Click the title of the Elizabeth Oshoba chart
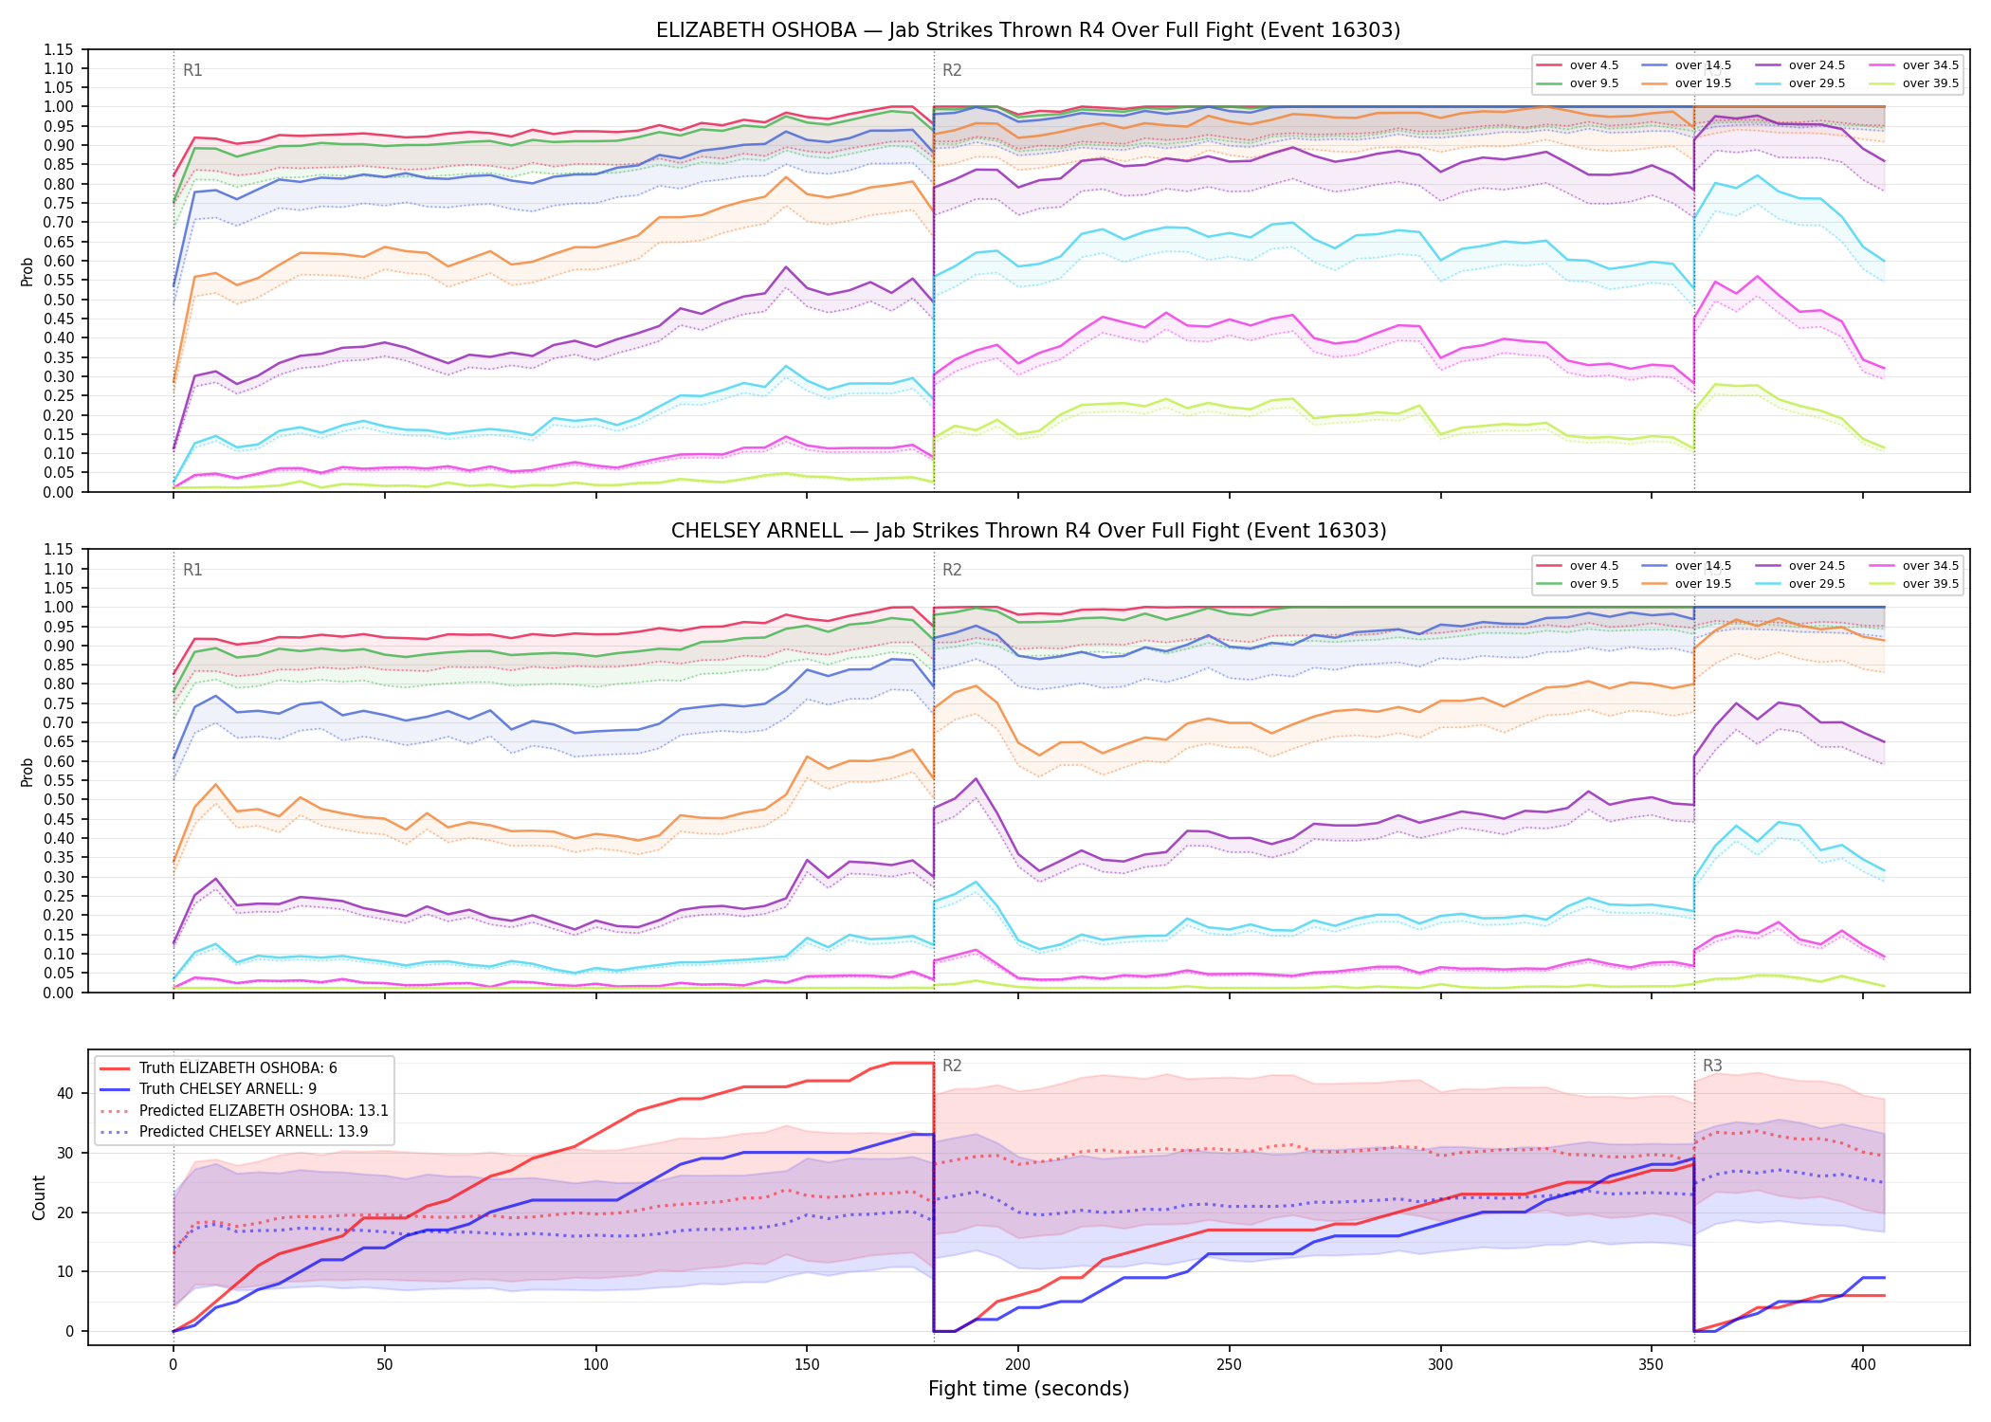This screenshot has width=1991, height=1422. [1028, 30]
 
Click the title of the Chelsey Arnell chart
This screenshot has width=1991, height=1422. [1028, 531]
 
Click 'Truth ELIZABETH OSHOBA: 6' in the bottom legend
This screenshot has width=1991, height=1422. [218, 1068]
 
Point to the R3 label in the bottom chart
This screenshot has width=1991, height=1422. [1712, 1066]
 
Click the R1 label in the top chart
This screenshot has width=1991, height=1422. [192, 70]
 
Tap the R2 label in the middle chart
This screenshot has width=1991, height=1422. [952, 570]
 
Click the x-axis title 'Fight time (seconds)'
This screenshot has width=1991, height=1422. [1029, 1389]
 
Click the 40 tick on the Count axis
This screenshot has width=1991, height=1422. [65, 1093]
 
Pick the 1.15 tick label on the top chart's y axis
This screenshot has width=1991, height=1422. [58, 49]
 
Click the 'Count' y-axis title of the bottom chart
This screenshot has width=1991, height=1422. [39, 1197]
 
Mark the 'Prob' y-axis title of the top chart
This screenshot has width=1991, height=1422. [27, 271]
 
